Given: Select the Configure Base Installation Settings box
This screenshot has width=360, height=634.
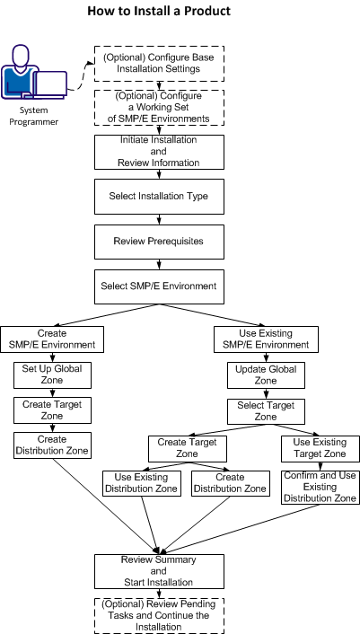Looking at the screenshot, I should pyautogui.click(x=159, y=62).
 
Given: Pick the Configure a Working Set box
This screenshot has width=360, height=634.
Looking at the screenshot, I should pyautogui.click(x=159, y=107).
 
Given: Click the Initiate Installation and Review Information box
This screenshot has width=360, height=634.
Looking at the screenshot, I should pyautogui.click(x=159, y=151).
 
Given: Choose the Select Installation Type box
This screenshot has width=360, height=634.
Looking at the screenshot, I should pyautogui.click(x=159, y=195).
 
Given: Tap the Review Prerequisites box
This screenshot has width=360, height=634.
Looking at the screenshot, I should pyautogui.click(x=159, y=241).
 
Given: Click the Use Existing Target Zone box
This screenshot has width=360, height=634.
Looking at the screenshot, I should pyautogui.click(x=320, y=448).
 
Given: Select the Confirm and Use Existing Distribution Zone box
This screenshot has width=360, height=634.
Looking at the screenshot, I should pyautogui.click(x=320, y=486).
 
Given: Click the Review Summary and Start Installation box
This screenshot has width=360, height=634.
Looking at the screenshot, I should pyautogui.click(x=159, y=570).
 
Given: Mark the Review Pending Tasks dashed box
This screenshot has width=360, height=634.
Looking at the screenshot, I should pyautogui.click(x=159, y=615).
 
